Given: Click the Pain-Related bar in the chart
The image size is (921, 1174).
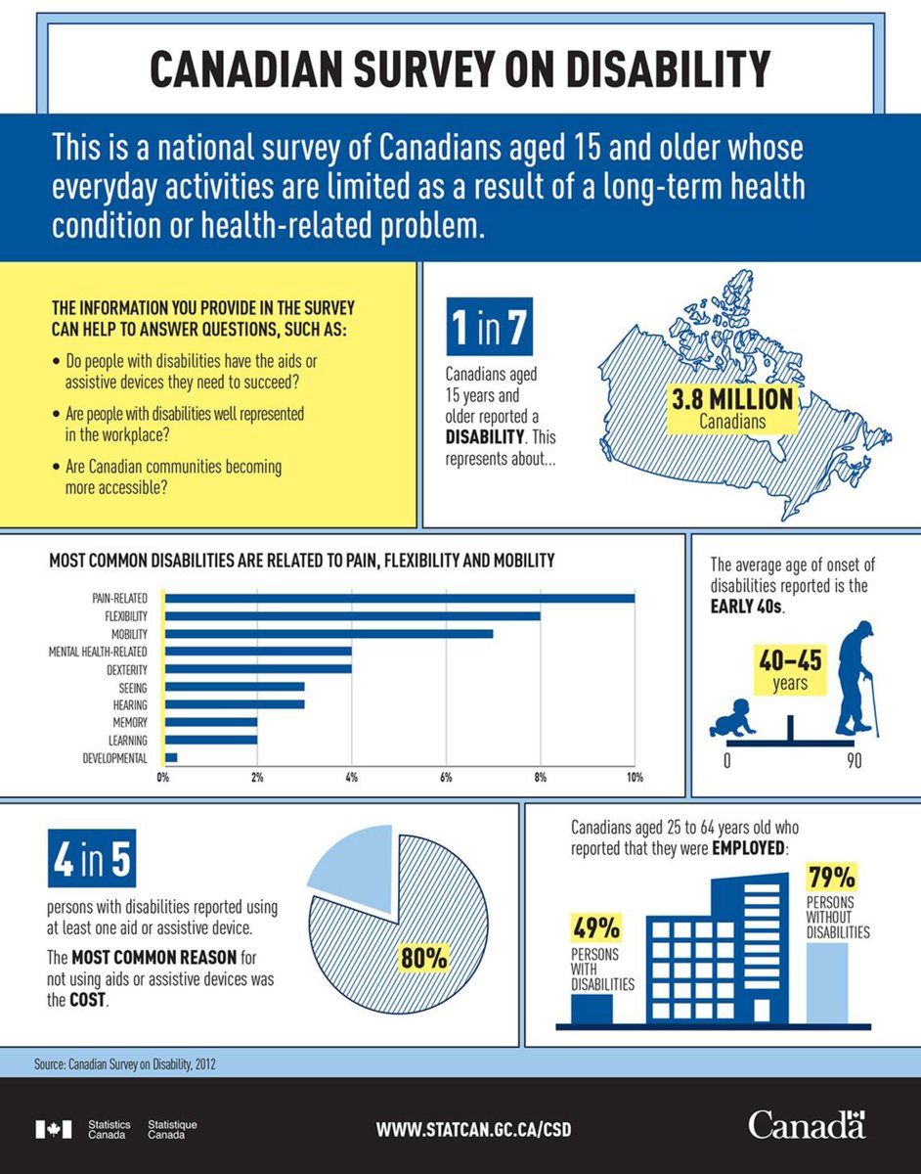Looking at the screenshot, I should (x=399, y=598).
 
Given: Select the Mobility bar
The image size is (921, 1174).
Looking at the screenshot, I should (x=328, y=633).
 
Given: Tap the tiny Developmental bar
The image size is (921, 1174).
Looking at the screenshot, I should (x=171, y=757).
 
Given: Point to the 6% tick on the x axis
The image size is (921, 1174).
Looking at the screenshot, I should (x=446, y=778).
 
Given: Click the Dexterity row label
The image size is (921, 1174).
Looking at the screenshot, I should (x=126, y=669).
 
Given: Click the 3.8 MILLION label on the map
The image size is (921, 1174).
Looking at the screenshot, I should (x=732, y=400).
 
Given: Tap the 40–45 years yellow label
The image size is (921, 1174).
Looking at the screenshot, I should (x=790, y=668).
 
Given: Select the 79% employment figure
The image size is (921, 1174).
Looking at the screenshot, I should (x=831, y=874).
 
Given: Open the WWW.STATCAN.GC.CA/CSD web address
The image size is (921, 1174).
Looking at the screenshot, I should (x=473, y=1128).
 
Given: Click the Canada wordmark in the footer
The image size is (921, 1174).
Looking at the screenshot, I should (x=807, y=1126).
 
